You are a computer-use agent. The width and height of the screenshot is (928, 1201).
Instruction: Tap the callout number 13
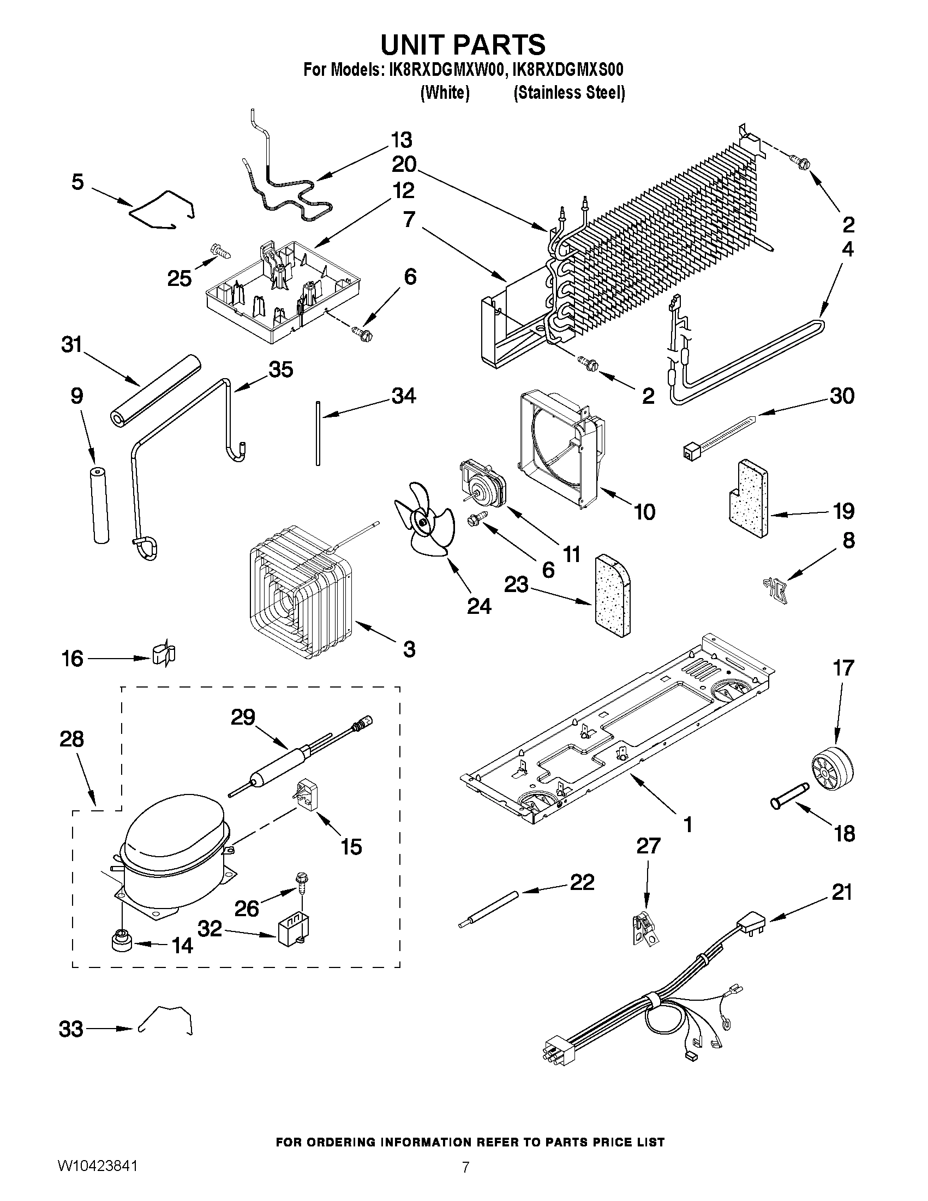[402, 140]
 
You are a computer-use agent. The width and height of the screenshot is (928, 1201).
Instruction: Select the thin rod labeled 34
[318, 434]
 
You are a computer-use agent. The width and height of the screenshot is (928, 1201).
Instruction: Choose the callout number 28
[71, 739]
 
